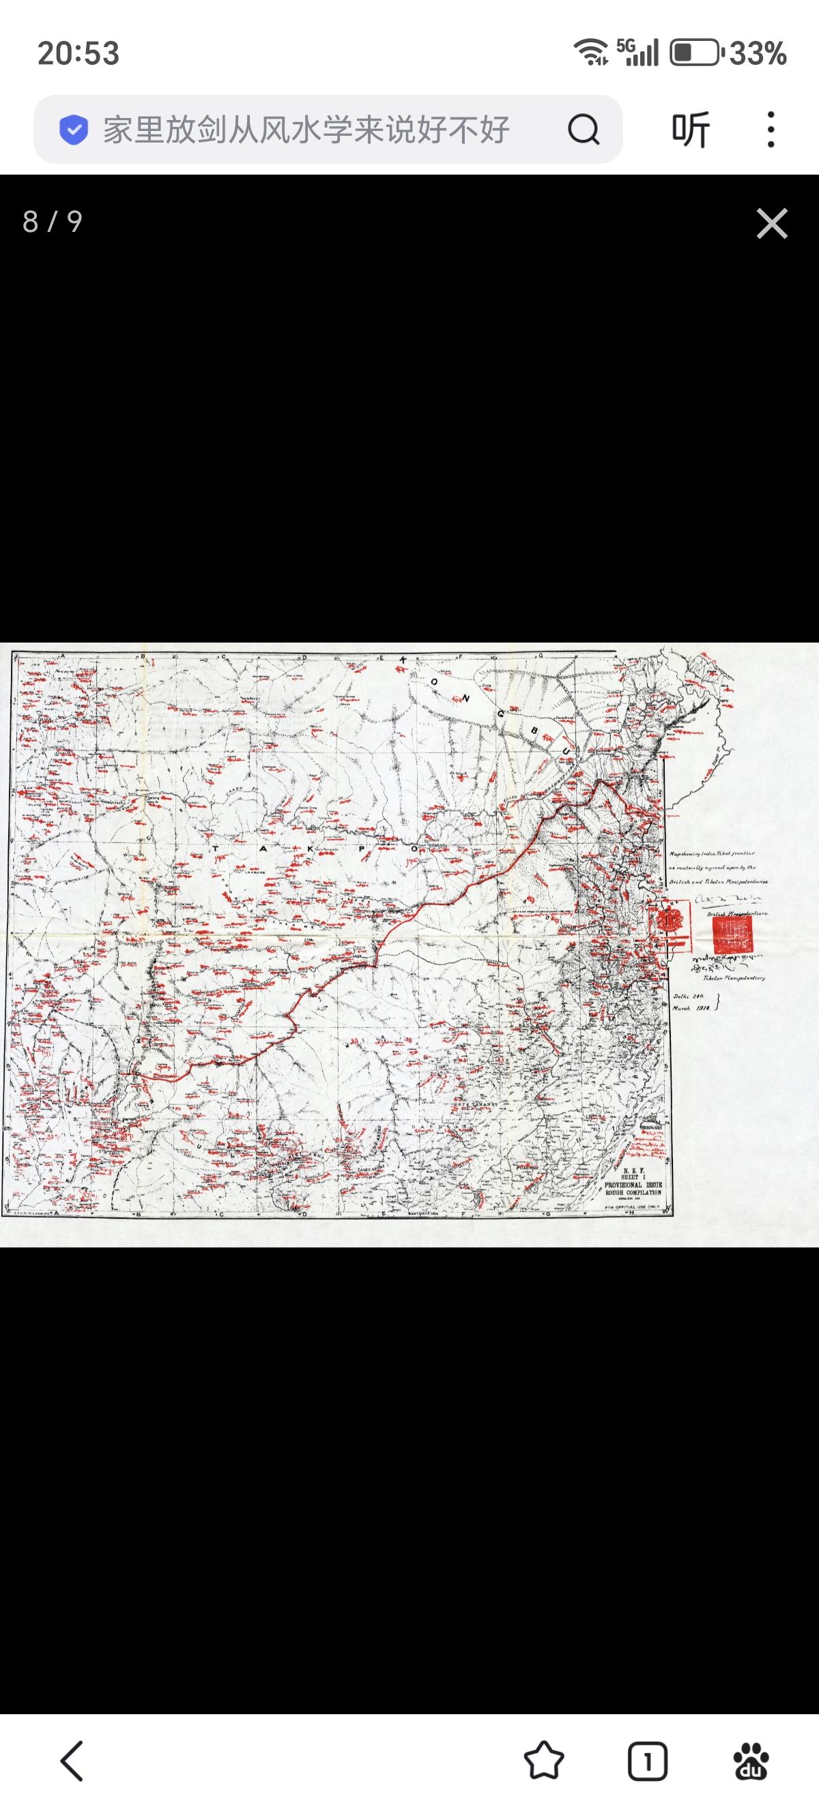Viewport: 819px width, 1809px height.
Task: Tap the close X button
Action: click(x=771, y=223)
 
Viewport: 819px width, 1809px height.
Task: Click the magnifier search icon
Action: click(x=583, y=129)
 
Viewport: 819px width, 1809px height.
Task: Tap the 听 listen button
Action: click(x=691, y=129)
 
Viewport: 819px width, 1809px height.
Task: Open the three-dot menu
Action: click(x=771, y=129)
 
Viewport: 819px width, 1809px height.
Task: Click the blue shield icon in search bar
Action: click(x=74, y=129)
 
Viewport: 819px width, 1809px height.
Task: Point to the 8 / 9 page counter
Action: click(x=53, y=222)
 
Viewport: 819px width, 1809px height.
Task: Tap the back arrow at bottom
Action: click(x=72, y=1761)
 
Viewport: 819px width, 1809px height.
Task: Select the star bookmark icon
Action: click(x=544, y=1761)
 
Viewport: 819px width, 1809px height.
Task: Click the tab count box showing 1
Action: click(x=647, y=1761)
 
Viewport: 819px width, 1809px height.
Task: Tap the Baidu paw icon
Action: click(x=751, y=1761)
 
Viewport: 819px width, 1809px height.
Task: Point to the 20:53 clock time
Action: click(x=78, y=53)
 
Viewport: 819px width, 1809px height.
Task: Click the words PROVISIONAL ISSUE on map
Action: click(x=633, y=1184)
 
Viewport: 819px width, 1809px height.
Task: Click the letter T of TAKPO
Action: click(x=217, y=849)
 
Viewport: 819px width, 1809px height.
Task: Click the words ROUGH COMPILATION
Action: click(x=633, y=1192)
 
